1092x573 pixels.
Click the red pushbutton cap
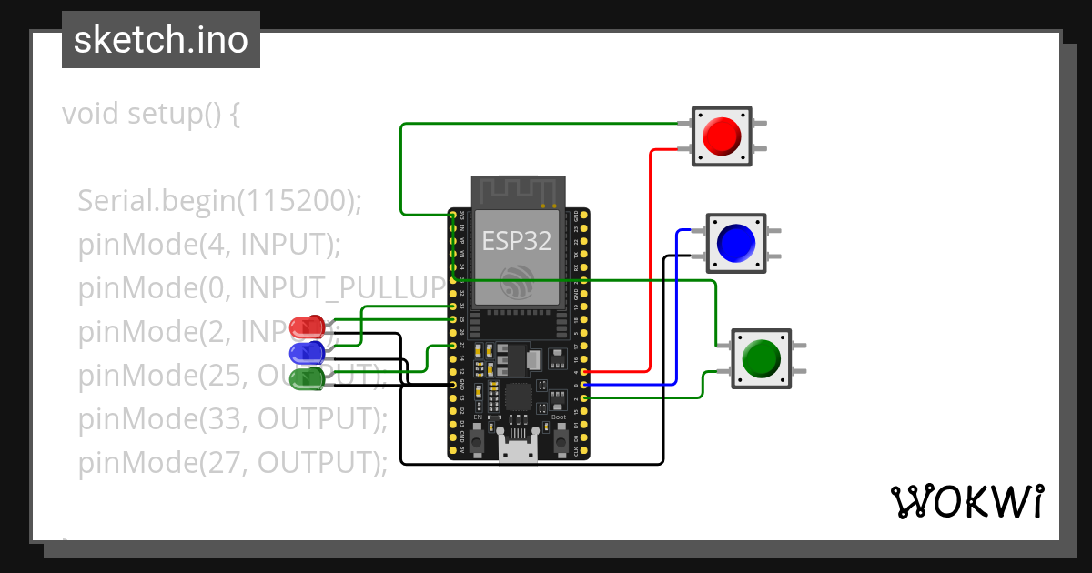click(722, 136)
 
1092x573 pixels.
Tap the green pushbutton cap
click(761, 358)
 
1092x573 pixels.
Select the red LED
click(307, 326)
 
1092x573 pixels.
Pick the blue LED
click(307, 352)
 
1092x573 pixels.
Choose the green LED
click(307, 377)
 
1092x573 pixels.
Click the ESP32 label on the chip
click(516, 241)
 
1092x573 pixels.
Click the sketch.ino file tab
click(160, 40)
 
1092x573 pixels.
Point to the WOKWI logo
click(966, 501)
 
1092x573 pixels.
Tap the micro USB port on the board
click(518, 452)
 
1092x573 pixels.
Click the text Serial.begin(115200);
click(219, 201)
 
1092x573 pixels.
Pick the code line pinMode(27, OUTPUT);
click(233, 462)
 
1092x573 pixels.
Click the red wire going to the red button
click(650, 264)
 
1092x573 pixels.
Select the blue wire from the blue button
click(677, 309)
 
